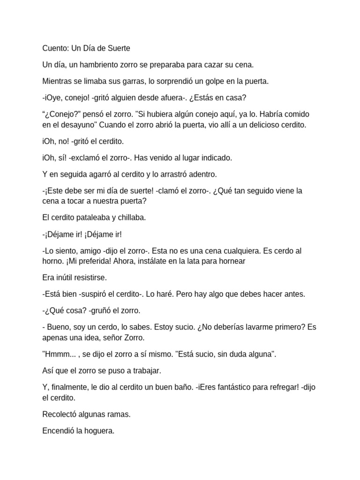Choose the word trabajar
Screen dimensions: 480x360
coord(145,371)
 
